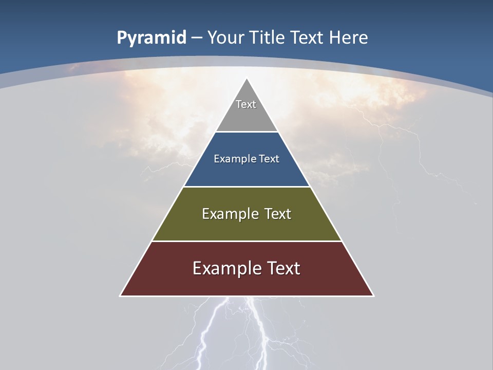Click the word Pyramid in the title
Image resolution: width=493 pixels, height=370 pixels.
(x=151, y=38)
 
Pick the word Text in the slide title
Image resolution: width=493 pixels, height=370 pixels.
(x=308, y=38)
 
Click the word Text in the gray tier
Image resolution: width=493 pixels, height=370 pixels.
(x=246, y=104)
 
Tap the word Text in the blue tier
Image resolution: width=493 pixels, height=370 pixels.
(x=269, y=159)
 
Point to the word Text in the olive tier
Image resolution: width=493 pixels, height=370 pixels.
(x=278, y=214)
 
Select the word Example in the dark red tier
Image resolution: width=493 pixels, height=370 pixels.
(x=225, y=268)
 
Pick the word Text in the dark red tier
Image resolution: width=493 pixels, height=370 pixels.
(x=282, y=268)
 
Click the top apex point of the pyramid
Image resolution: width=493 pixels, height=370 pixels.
(x=247, y=79)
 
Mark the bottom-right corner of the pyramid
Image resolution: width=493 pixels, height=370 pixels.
(x=373, y=295)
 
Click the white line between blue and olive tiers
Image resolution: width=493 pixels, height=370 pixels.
(x=246, y=187)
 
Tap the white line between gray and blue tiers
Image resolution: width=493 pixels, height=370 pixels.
(x=246, y=132)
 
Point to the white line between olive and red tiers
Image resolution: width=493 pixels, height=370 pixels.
(x=246, y=241)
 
